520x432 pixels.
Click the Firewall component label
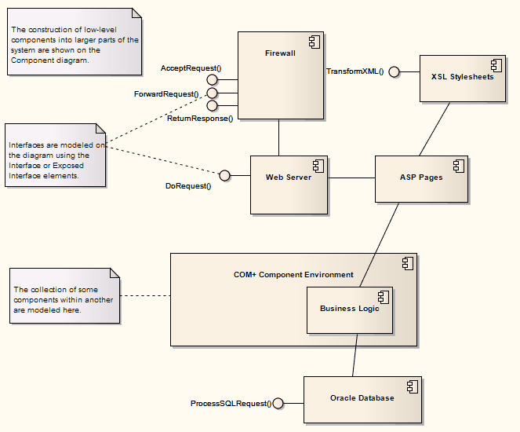[x=280, y=53]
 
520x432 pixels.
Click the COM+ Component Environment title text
[x=293, y=275]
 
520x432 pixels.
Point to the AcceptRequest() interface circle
[x=212, y=80]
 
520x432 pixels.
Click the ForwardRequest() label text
[x=166, y=93]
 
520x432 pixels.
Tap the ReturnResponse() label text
[x=200, y=119]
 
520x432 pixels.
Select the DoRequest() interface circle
[x=224, y=175]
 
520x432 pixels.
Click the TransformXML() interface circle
[x=394, y=72]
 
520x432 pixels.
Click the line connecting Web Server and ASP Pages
[x=351, y=178]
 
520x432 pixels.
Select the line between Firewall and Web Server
[x=278, y=137]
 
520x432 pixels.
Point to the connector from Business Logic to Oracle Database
[x=355, y=354]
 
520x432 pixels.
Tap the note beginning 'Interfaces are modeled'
[x=55, y=156]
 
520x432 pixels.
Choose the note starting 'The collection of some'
[x=65, y=296]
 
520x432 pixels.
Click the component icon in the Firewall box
[x=313, y=41]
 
